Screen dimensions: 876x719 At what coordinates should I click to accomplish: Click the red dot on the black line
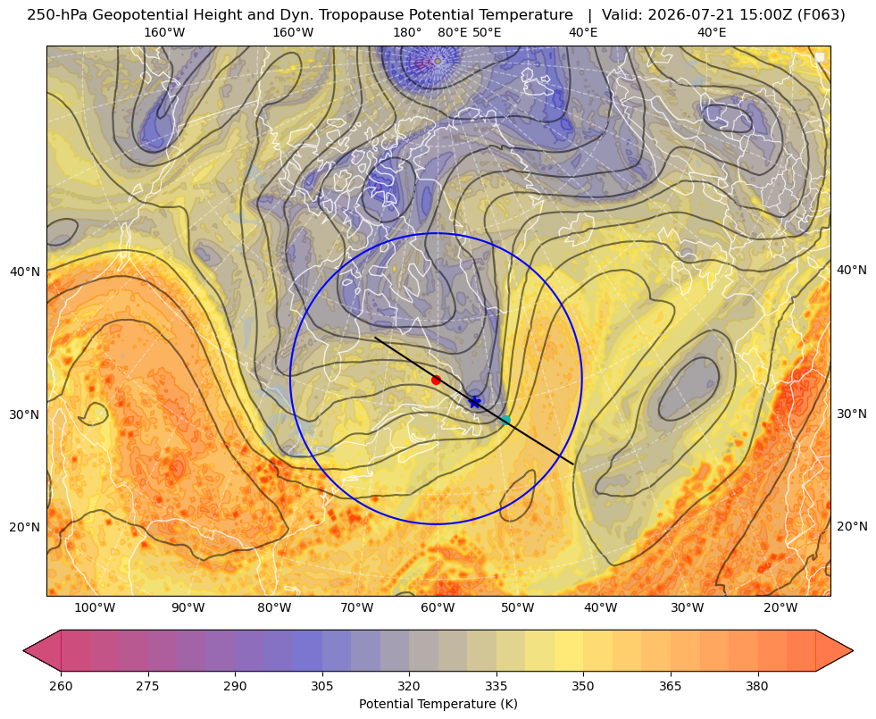click(437, 380)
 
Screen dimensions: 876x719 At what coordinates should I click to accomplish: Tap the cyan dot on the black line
click(505, 420)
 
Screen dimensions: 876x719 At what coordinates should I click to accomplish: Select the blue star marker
click(474, 402)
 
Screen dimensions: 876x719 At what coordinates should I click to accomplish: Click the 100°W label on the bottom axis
click(95, 607)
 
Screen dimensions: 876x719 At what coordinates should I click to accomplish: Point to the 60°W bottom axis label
click(438, 607)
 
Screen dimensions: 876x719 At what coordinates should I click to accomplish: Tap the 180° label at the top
click(407, 32)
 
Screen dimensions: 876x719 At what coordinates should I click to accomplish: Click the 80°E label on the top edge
click(452, 32)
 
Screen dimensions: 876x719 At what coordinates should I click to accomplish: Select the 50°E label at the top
click(487, 32)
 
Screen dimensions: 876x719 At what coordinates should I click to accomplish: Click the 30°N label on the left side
click(25, 414)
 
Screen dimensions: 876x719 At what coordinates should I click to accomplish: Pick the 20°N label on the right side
click(852, 526)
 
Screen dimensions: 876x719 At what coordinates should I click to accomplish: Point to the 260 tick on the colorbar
click(61, 685)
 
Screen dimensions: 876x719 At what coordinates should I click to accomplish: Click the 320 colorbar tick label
click(409, 685)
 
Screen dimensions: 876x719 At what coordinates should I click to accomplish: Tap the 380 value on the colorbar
click(757, 685)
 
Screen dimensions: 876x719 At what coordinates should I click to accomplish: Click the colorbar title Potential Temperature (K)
click(438, 704)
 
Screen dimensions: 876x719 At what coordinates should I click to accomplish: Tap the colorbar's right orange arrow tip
click(853, 650)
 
